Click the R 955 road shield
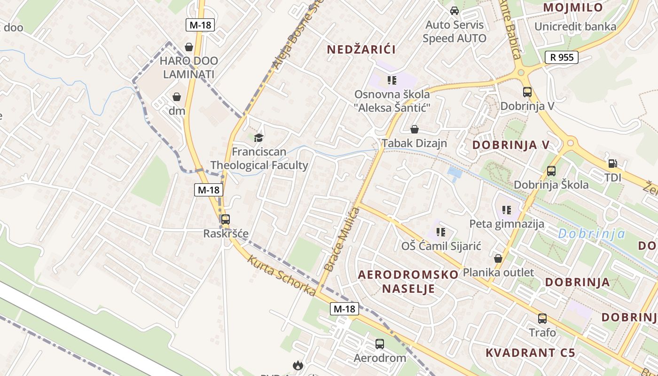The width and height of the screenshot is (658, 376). [561, 57]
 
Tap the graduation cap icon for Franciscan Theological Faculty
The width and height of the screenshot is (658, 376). [258, 137]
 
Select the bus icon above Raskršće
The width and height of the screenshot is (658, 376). [226, 219]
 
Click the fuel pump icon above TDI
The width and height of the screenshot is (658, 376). [613, 164]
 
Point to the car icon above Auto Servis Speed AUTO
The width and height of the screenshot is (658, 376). [454, 10]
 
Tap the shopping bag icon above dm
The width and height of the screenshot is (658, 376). [177, 97]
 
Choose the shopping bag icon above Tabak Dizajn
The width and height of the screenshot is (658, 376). [415, 129]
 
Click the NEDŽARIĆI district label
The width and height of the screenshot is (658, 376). [361, 49]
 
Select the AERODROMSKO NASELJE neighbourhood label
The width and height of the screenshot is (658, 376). [408, 281]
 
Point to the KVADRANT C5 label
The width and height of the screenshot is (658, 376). [530, 352]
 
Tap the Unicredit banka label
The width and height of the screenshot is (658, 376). [575, 26]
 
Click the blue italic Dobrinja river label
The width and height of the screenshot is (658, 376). [592, 234]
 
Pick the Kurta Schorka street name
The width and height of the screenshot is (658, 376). [282, 275]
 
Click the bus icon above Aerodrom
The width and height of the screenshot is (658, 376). [380, 344]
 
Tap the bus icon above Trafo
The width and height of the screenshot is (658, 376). [542, 319]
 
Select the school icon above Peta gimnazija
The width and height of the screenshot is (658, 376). [507, 210]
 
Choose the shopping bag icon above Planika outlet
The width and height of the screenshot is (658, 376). [498, 258]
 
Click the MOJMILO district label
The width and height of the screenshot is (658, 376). [573, 8]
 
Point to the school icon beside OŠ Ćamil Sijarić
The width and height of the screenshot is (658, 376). [441, 231]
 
